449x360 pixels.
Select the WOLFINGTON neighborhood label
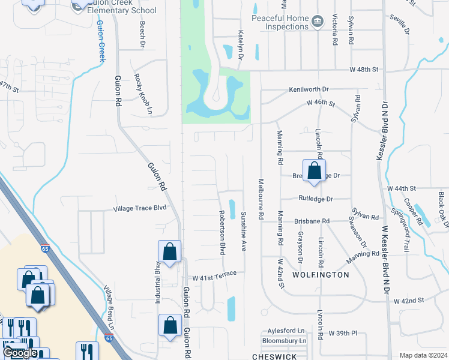point(321,275)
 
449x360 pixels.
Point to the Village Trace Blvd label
point(140,209)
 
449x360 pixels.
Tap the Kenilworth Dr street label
point(309,89)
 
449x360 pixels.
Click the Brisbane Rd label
point(312,221)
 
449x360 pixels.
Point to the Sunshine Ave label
point(244,231)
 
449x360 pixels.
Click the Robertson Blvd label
point(221,232)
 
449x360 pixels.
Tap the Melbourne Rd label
point(261,198)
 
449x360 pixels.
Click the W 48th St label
point(365,70)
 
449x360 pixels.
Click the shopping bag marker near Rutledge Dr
point(314,172)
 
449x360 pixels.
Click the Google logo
point(20,353)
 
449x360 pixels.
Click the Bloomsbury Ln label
point(285,341)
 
